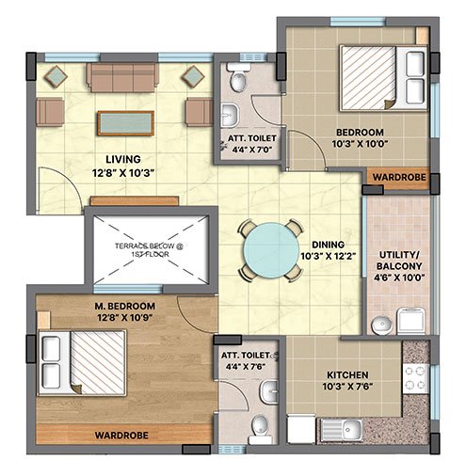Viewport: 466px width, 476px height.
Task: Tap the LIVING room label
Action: pos(123,159)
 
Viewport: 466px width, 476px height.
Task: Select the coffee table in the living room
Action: pos(125,123)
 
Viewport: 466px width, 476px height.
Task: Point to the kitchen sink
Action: pos(342,430)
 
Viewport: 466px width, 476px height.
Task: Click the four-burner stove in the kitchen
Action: pos(415,378)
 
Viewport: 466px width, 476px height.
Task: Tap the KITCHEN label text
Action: pos(347,375)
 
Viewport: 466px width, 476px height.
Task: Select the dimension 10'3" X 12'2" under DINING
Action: pos(329,256)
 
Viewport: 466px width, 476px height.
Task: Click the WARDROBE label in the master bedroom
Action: pos(121,436)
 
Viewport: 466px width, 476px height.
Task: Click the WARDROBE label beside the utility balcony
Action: pos(399,177)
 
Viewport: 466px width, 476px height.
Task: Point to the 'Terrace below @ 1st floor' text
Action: pos(150,250)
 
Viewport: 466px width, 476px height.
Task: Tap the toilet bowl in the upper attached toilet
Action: pos(238,79)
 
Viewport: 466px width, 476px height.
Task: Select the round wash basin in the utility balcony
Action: pos(381,325)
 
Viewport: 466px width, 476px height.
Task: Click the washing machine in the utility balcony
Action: pos(411,321)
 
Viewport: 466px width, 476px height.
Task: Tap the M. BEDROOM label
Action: pos(125,306)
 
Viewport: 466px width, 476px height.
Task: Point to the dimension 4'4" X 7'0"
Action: pos(251,150)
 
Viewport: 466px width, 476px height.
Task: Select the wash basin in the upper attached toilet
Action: pos(230,115)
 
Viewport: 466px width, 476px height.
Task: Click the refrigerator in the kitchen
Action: pos(301,429)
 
